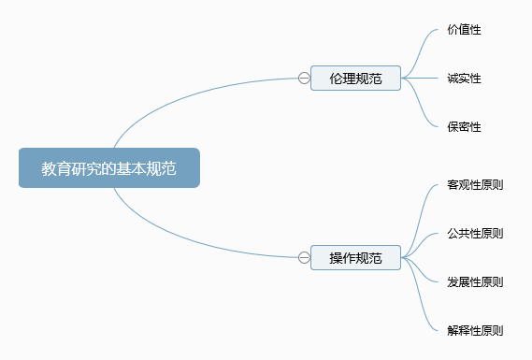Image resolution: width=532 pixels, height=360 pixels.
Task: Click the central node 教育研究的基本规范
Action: point(109,167)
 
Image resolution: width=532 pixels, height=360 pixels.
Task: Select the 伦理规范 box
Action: point(355,78)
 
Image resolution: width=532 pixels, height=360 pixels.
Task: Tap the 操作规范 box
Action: point(355,257)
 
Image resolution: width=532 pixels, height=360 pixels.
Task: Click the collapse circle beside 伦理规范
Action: point(304,78)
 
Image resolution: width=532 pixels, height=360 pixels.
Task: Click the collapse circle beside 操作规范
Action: point(304,257)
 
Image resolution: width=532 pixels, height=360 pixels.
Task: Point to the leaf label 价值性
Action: point(464,30)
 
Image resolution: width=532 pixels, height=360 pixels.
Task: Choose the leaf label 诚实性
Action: point(464,78)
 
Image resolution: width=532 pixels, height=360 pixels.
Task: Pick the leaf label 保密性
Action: point(464,127)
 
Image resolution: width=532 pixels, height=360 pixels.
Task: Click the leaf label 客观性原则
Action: point(475,185)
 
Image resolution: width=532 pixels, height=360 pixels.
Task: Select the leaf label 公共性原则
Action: point(475,234)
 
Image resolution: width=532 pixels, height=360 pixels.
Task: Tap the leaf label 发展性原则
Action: point(475,282)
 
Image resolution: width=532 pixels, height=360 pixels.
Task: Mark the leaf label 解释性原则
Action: point(475,330)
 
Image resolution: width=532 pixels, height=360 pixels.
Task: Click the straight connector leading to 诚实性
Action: point(420,78)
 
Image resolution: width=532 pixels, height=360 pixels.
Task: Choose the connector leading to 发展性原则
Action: point(420,269)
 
